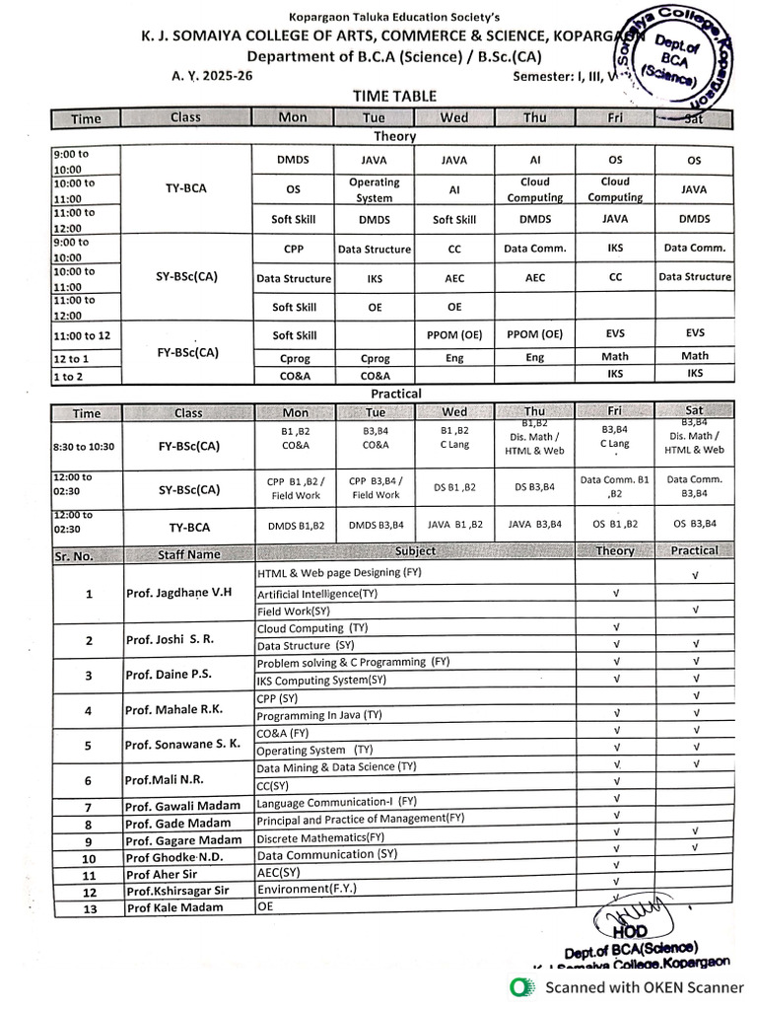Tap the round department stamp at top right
[681, 57]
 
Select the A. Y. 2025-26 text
[212, 76]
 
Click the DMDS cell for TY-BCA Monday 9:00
[293, 160]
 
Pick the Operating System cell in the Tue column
[375, 189]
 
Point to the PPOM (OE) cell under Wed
[454, 335]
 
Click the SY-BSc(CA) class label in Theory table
[186, 277]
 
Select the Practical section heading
[396, 394]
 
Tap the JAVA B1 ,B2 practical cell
[454, 526]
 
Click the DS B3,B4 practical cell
[534, 487]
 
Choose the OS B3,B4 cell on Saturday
[694, 525]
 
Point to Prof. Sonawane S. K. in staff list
[182, 745]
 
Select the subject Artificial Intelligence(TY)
[317, 594]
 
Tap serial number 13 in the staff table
[89, 908]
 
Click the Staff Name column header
[188, 555]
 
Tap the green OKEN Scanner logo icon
[520, 986]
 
